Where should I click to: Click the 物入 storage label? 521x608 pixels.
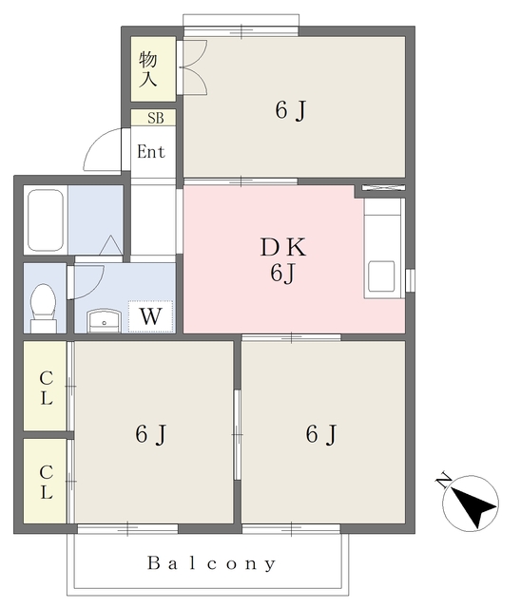click(x=148, y=69)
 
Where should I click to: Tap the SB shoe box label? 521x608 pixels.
click(x=156, y=118)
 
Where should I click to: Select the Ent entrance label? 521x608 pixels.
click(x=151, y=152)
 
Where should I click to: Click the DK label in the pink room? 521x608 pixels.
click(x=283, y=247)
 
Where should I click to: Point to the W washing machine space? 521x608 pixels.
click(x=150, y=316)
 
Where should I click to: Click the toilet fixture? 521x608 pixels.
click(x=44, y=307)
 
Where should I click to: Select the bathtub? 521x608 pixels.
click(x=46, y=220)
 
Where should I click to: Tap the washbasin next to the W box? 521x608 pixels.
click(x=105, y=321)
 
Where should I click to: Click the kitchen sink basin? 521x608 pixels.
click(x=381, y=276)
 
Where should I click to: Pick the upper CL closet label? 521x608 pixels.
click(x=47, y=388)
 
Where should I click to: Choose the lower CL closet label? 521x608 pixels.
click(x=47, y=482)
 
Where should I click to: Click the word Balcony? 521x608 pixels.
click(x=212, y=563)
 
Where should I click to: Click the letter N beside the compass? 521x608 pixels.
click(x=443, y=481)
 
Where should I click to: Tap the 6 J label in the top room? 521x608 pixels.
click(x=291, y=110)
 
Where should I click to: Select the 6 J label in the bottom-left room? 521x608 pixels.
click(x=151, y=434)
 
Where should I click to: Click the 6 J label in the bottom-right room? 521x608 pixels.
click(x=321, y=434)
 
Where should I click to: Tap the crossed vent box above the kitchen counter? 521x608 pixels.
click(x=383, y=188)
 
